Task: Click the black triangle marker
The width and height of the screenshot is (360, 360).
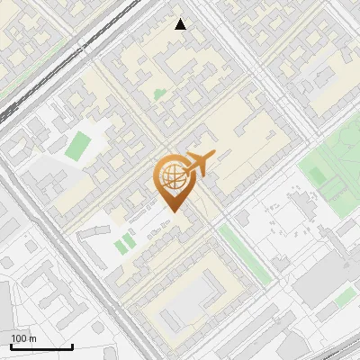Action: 181,23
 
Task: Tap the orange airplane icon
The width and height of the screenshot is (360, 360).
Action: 199,164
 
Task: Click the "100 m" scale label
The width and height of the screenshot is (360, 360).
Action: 24,338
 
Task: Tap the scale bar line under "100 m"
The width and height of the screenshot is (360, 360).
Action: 40,346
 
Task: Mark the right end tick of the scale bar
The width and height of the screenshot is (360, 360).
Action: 72,345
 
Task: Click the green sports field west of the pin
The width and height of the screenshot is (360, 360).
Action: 78,145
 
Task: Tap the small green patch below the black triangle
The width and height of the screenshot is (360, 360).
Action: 159,94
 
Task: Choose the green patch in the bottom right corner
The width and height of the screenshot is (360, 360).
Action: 344,296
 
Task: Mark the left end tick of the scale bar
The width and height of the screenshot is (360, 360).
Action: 11,345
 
